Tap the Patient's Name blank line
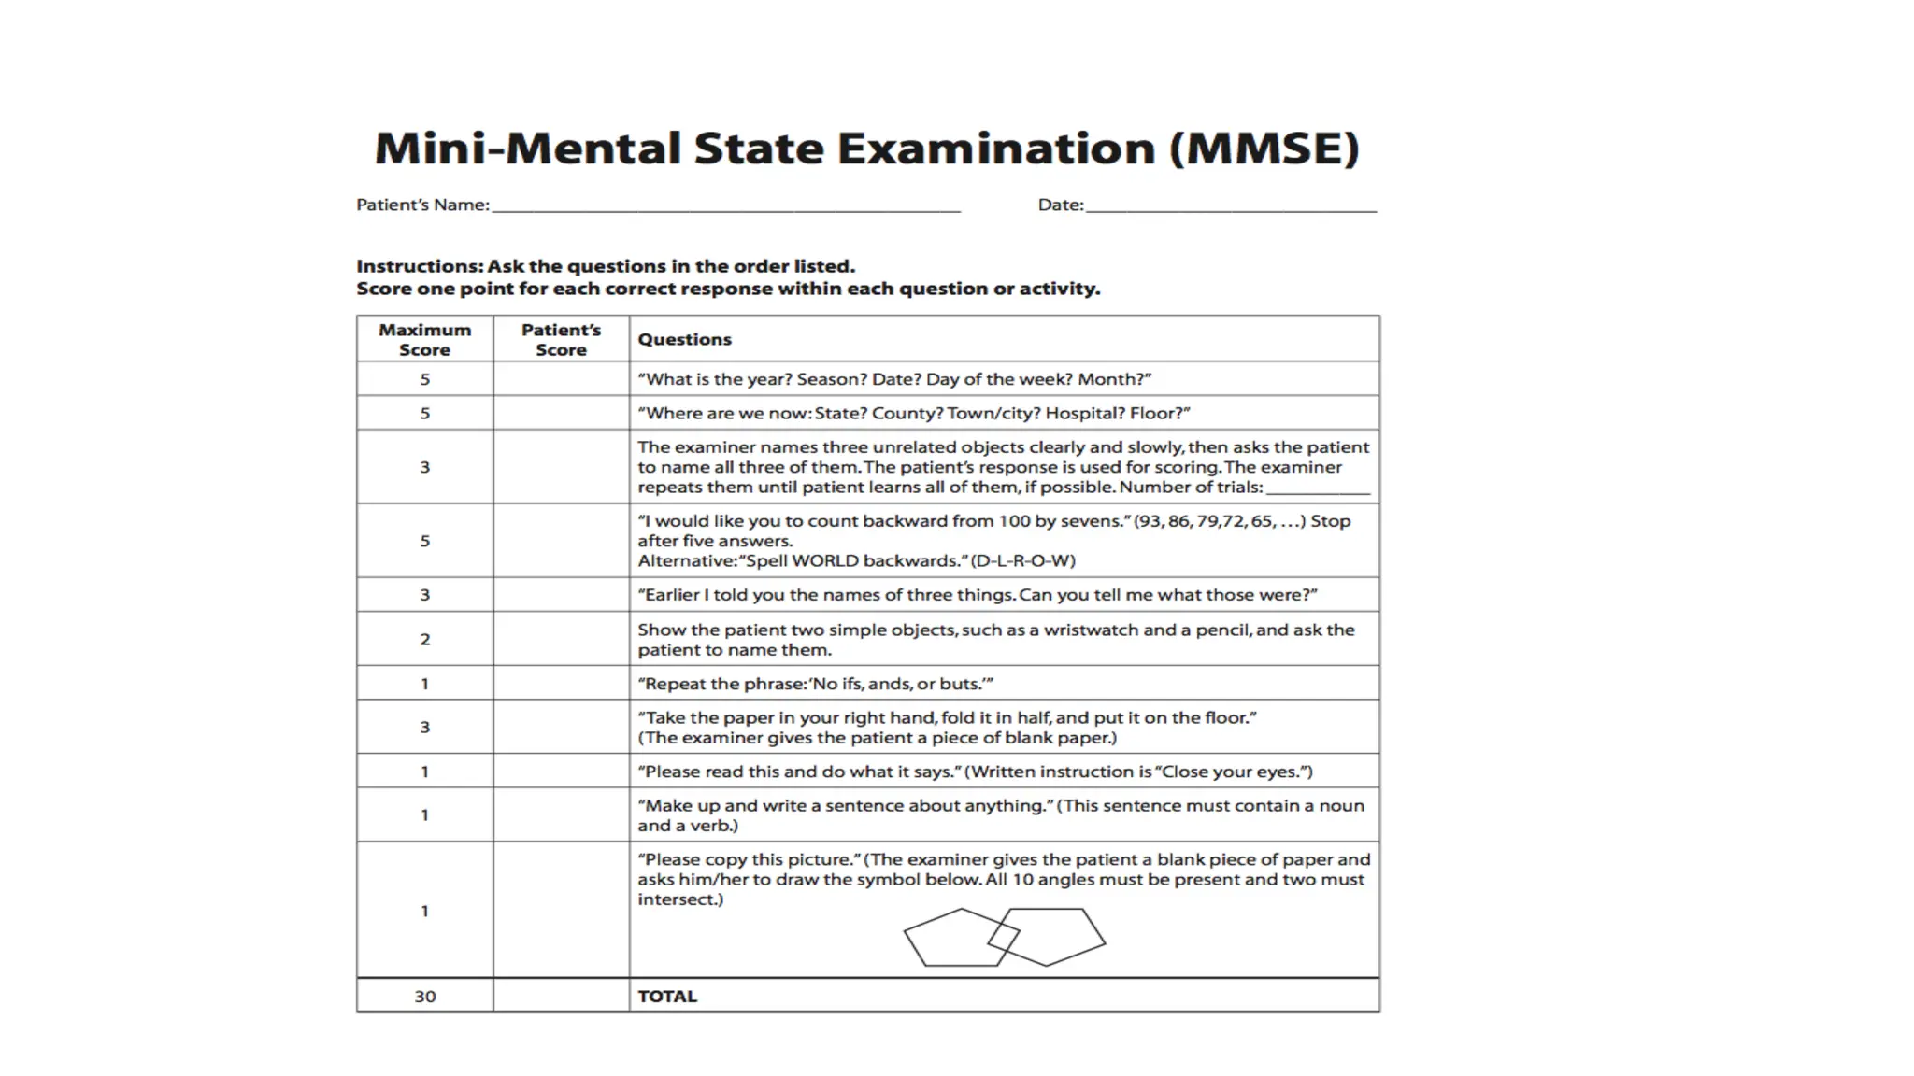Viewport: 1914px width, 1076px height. (726, 207)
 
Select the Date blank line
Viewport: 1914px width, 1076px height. (1231, 207)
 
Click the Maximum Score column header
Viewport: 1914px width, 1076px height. (424, 339)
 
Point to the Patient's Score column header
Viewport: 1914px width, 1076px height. (561, 339)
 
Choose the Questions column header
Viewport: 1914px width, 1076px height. (684, 340)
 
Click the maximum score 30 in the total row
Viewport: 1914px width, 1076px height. (425, 997)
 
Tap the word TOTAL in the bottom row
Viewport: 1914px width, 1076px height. (667, 997)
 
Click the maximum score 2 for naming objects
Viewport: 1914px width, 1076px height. (425, 640)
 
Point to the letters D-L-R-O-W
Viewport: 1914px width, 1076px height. (1023, 561)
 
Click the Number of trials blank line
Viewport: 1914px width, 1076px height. (1318, 489)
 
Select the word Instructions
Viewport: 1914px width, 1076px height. (418, 267)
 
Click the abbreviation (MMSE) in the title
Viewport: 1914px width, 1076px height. (1264, 149)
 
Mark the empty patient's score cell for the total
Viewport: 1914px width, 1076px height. (561, 996)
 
